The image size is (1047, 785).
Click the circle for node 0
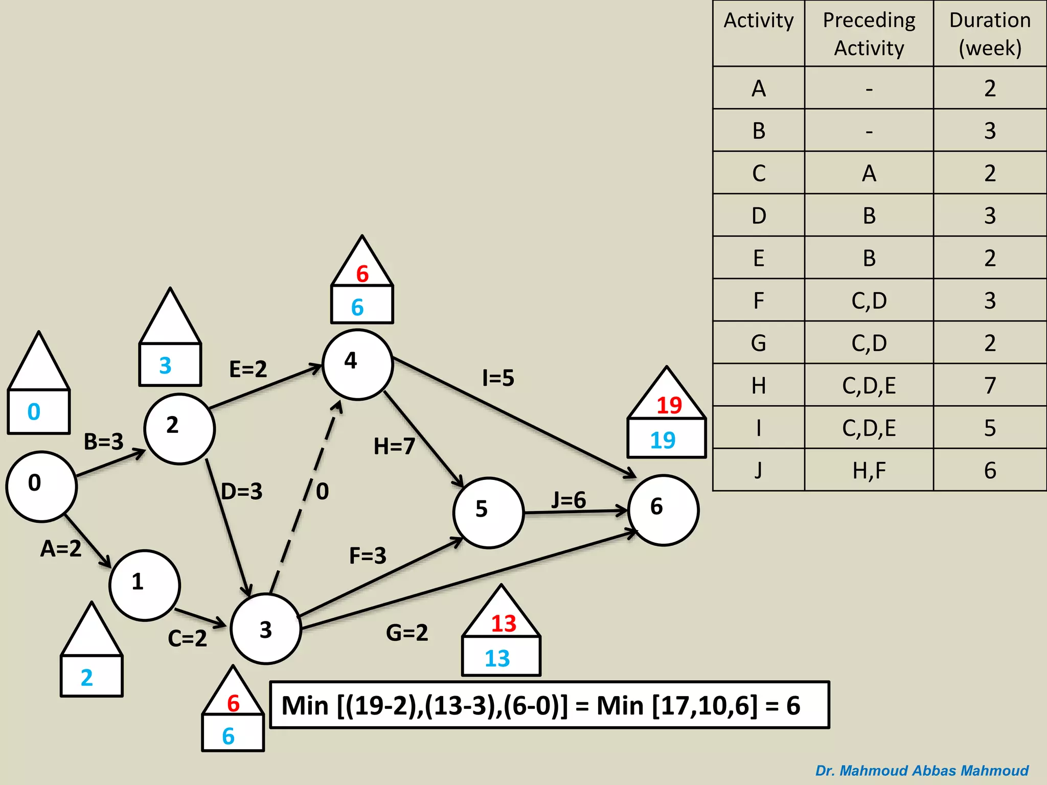41,486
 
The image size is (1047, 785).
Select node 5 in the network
488,513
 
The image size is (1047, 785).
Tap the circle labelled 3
265,629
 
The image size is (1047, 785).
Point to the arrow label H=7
394,446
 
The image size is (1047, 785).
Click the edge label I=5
498,378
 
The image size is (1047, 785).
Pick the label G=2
407,633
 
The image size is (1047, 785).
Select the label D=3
242,492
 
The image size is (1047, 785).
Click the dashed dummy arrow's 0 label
322,492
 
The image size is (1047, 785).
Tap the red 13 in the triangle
504,624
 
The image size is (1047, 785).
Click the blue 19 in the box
663,440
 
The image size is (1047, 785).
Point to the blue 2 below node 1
87,678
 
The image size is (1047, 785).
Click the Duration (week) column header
990,34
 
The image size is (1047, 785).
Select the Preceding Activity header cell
869,34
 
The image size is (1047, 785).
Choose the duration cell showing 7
990,385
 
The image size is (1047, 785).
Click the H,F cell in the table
869,470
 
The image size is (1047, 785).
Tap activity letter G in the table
759,343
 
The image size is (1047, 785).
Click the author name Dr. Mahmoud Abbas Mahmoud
922,771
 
